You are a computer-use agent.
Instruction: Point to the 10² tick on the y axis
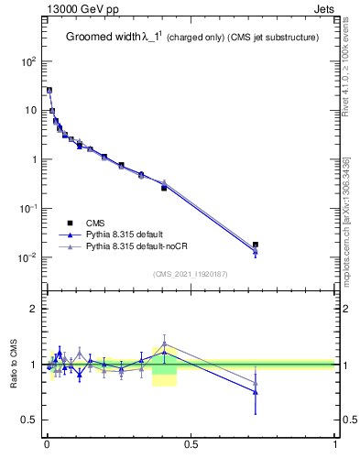click(28, 61)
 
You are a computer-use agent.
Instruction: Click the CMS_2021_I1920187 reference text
click(191, 274)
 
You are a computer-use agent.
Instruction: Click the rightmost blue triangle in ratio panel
click(256, 391)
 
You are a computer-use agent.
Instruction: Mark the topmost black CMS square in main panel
click(49, 91)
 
